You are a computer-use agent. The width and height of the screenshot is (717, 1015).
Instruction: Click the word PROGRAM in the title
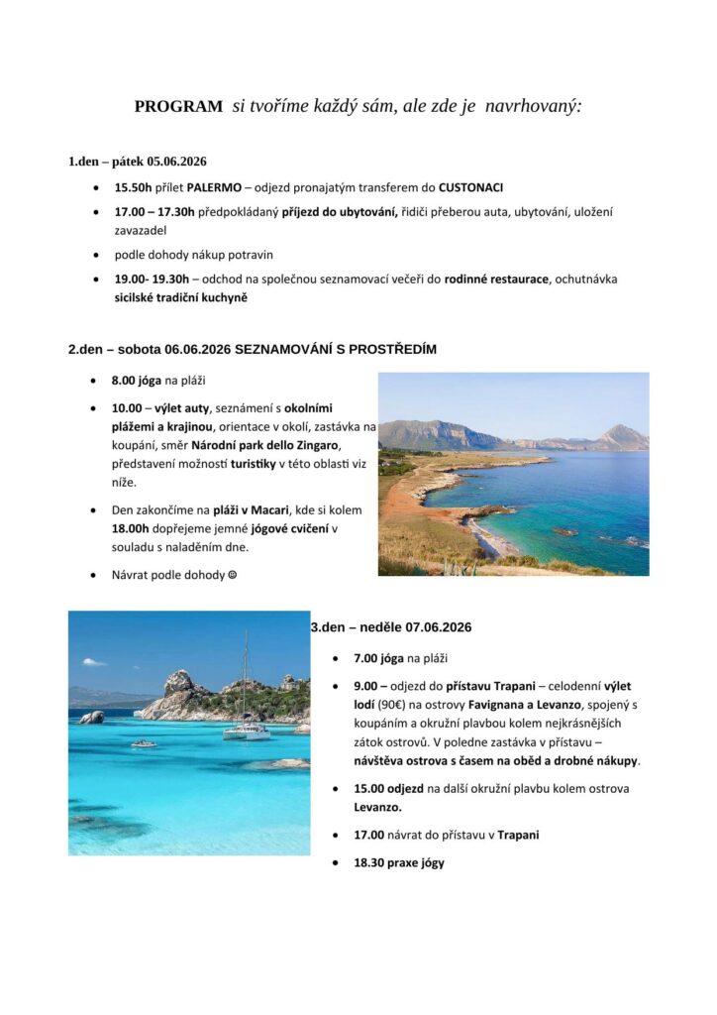[178, 107]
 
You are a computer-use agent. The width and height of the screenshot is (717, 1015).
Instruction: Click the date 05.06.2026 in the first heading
[176, 161]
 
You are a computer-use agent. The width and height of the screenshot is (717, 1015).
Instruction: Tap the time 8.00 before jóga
[124, 381]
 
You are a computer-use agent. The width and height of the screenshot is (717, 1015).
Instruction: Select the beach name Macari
[270, 509]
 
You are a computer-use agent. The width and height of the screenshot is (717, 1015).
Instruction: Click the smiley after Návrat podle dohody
[233, 575]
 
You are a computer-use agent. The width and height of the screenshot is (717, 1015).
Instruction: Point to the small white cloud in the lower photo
[93, 661]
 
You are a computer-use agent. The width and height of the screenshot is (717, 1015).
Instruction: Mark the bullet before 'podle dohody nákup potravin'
[95, 254]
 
